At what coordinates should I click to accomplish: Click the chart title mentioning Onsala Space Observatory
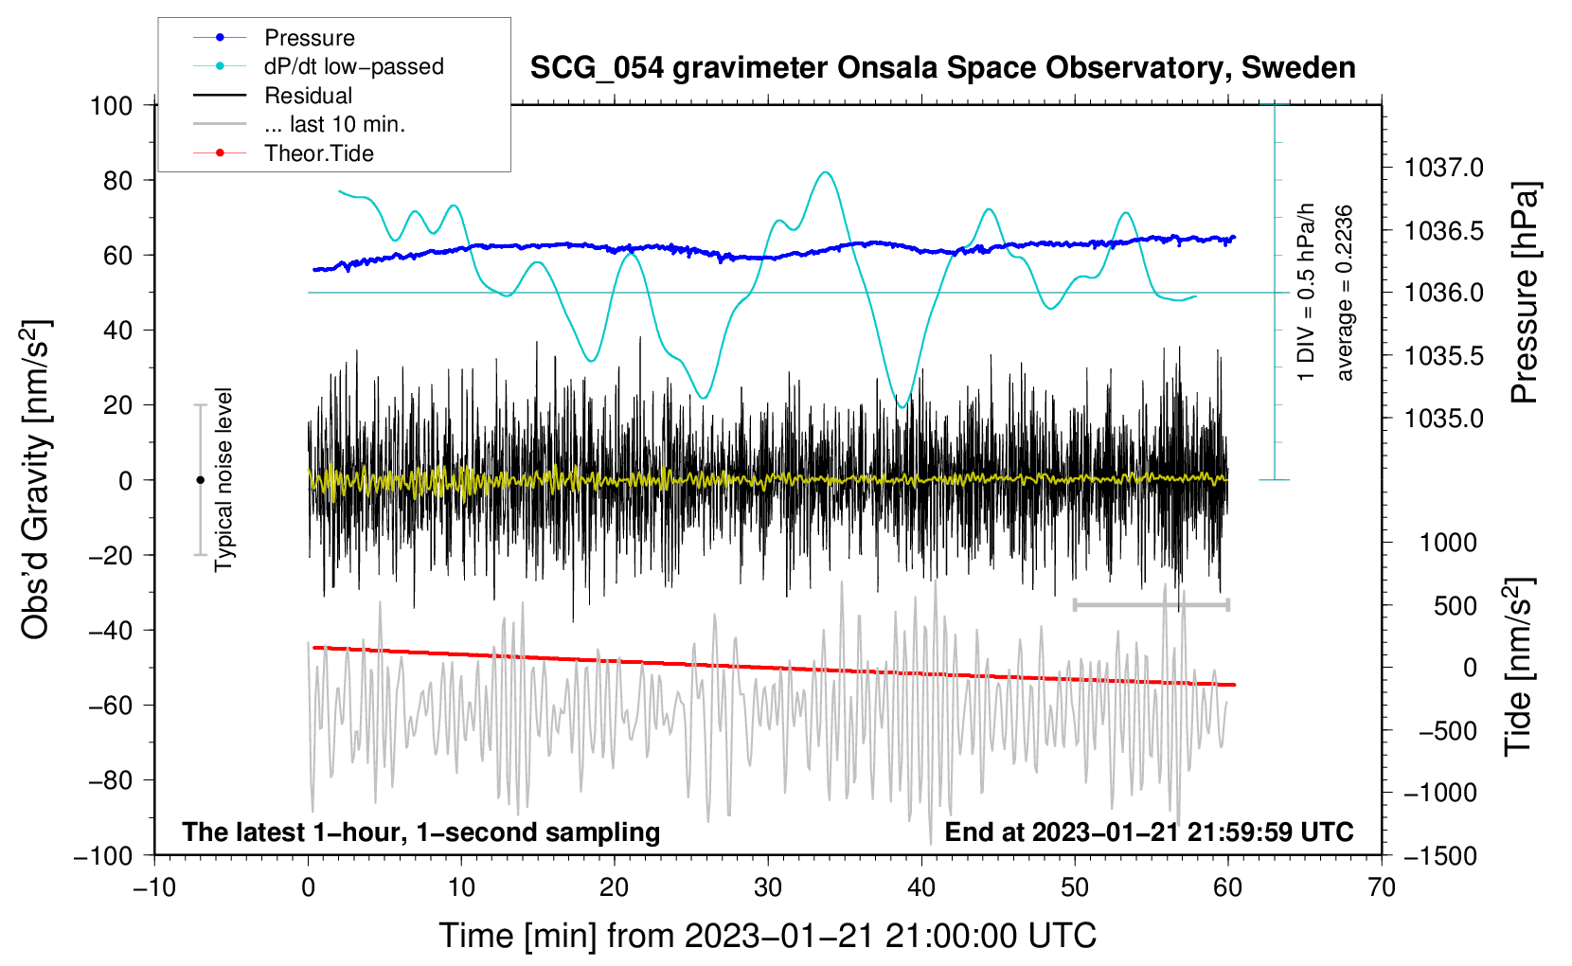[x=942, y=68]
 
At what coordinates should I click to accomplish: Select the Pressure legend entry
[x=309, y=38]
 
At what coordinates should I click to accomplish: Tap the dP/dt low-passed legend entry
[x=353, y=66]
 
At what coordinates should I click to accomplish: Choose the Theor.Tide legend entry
[x=318, y=153]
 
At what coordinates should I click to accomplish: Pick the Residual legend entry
[x=308, y=96]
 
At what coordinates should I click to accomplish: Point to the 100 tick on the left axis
[x=111, y=105]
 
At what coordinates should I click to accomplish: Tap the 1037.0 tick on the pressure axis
[x=1443, y=169]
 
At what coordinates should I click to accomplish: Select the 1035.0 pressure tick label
[x=1443, y=419]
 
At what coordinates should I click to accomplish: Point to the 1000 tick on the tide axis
[x=1448, y=543]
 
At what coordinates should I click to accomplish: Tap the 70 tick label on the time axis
[x=1382, y=888]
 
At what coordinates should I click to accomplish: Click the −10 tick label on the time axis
[x=154, y=888]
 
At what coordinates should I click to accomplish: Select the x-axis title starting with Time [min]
[x=768, y=936]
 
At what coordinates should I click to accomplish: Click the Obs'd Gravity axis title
[x=35, y=479]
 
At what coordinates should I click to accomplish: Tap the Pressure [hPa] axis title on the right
[x=1524, y=293]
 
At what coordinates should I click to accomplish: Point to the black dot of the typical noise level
[x=200, y=480]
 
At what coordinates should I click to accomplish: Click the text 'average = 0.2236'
[x=1344, y=293]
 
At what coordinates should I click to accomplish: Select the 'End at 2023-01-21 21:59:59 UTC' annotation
[x=1149, y=832]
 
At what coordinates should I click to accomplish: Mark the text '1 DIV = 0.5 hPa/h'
[x=1307, y=292]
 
